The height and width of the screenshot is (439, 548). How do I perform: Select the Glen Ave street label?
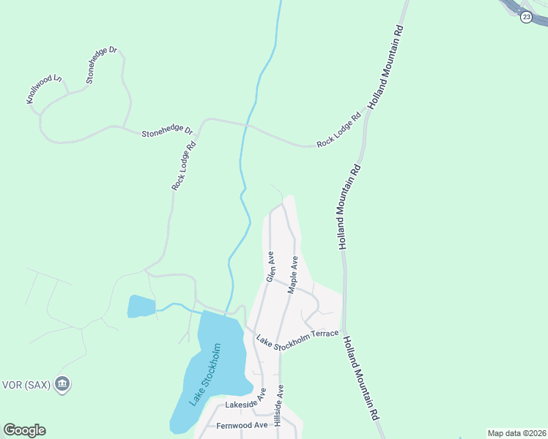[x=270, y=267]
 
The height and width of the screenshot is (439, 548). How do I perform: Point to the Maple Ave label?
[x=292, y=275]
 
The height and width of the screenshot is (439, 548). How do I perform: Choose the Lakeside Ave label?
[x=247, y=404]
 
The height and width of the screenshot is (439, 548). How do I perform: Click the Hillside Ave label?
[x=278, y=405]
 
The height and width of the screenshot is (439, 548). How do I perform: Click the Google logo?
[x=24, y=430]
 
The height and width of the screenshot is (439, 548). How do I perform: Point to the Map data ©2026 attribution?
[x=516, y=433]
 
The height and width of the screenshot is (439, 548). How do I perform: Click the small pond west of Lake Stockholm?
[x=141, y=307]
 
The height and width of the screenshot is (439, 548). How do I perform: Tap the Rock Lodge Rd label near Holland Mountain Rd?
[x=340, y=130]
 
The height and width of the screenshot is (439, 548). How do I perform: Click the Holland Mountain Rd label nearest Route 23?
[x=385, y=67]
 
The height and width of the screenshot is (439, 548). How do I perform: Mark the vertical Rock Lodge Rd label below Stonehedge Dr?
[x=185, y=166]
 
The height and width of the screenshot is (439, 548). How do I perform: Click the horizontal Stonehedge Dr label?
[x=167, y=132]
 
